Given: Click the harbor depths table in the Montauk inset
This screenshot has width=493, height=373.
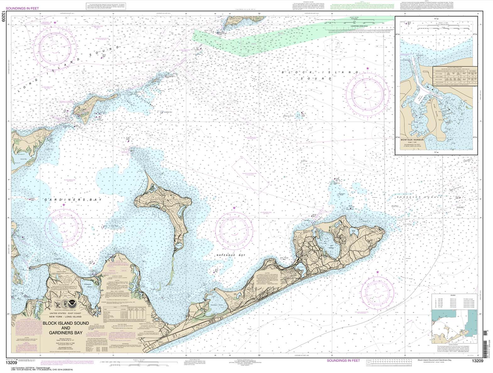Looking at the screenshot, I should point(455,76).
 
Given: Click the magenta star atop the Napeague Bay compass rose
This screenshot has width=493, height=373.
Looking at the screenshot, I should point(234,208).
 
